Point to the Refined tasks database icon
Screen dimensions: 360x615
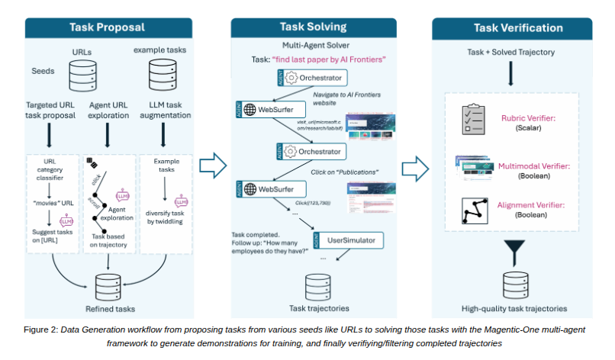pyautogui.click(x=110, y=284)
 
